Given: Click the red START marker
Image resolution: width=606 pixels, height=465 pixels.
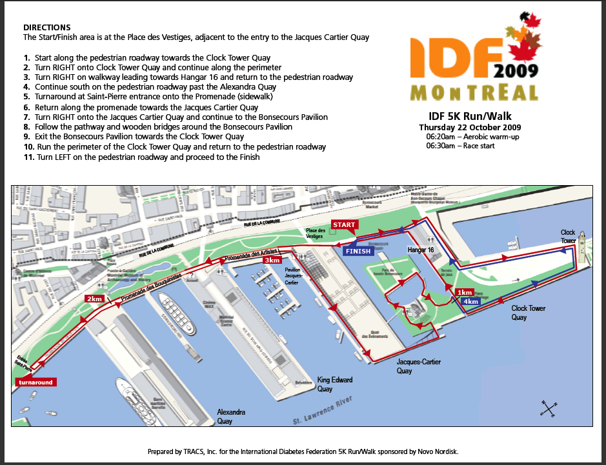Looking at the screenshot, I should pyautogui.click(x=344, y=224).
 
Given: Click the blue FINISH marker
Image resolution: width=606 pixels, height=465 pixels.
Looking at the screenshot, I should pyautogui.click(x=359, y=251).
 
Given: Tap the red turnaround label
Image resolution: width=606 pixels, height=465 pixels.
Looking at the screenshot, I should pyautogui.click(x=35, y=382).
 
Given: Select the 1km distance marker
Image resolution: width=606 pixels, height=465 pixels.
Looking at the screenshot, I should pyautogui.click(x=465, y=292).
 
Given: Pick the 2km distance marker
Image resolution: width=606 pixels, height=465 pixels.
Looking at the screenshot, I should pyautogui.click(x=95, y=299).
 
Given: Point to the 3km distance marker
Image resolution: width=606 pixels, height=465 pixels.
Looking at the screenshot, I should pyautogui.click(x=272, y=260).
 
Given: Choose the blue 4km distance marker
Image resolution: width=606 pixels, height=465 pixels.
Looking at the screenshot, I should pyautogui.click(x=470, y=301).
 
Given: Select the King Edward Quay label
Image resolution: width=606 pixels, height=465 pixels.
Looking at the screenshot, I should pyautogui.click(x=335, y=384).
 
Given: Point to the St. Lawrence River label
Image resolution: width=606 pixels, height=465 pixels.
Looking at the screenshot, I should pyautogui.click(x=323, y=413).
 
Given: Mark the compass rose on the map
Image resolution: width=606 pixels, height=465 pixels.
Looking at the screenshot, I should pyautogui.click(x=548, y=408).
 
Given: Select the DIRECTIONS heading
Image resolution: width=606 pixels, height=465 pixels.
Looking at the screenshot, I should pyautogui.click(x=46, y=28).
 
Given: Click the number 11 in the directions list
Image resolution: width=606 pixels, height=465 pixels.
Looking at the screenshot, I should pyautogui.click(x=28, y=157).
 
